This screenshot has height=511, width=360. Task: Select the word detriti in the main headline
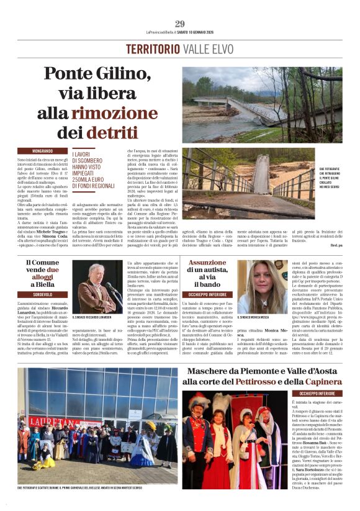coord(112,132)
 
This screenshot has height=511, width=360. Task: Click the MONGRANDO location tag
coord(42,151)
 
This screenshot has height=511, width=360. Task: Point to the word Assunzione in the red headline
coord(207,263)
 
